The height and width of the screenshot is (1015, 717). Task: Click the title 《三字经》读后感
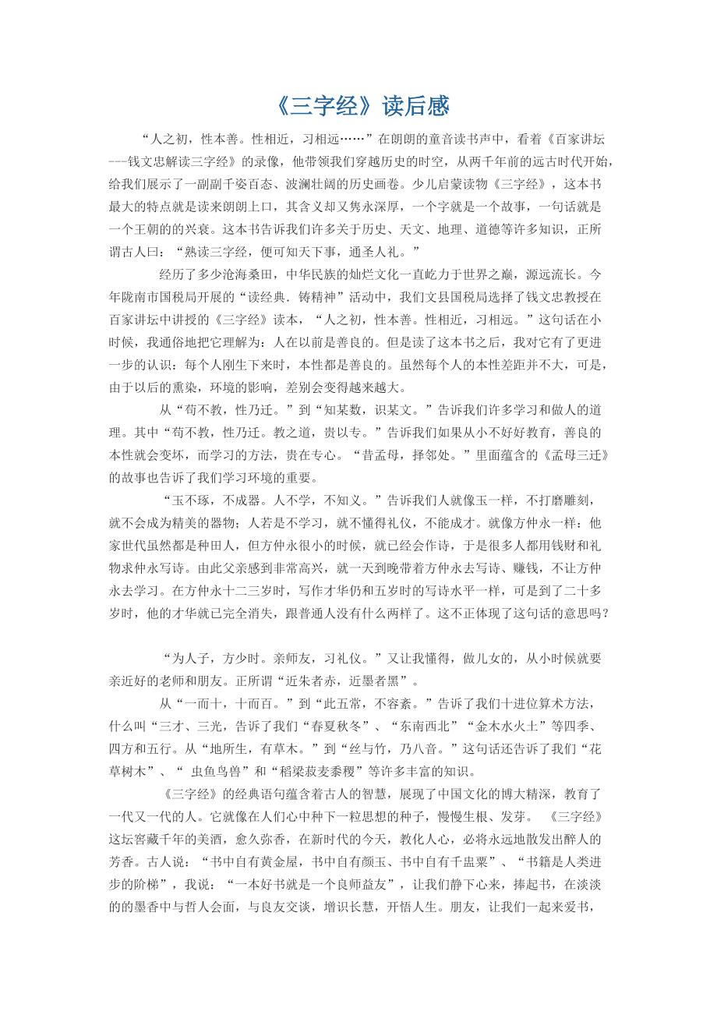[362, 106]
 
